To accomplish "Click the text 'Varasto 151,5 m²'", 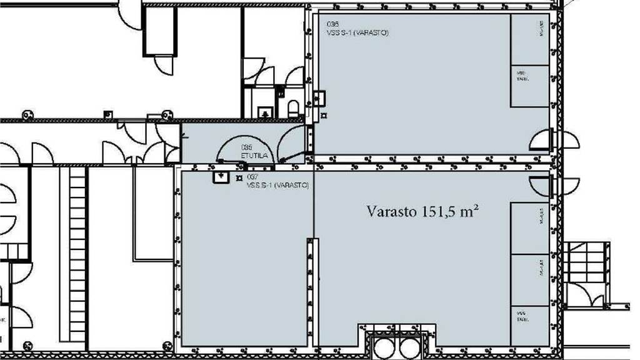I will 422,211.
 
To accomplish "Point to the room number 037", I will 252,177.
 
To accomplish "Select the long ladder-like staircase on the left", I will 77,256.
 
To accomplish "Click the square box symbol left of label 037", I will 220,177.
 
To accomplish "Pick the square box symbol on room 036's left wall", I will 319,97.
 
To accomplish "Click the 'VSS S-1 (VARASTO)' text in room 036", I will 357,32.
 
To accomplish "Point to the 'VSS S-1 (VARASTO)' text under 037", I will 277,186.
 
